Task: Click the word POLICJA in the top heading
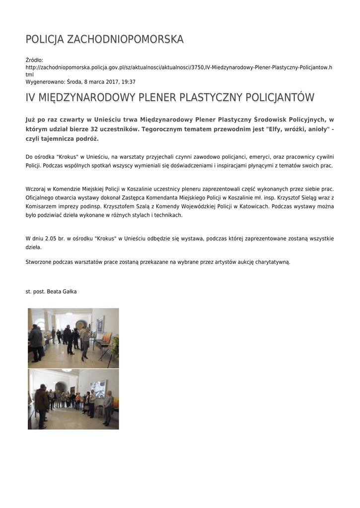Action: click(45, 39)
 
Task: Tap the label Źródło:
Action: click(34, 60)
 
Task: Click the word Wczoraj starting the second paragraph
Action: click(36, 189)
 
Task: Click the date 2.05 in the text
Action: click(51, 239)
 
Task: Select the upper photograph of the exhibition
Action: click(73, 338)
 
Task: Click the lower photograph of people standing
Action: click(73, 399)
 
